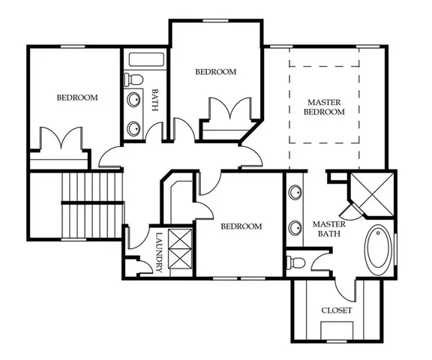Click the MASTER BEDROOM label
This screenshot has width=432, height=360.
pyautogui.click(x=324, y=107)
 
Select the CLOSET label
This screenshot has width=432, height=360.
pyautogui.click(x=336, y=310)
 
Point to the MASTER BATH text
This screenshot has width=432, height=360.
pyautogui.click(x=328, y=229)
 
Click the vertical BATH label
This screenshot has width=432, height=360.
pyautogui.click(x=155, y=101)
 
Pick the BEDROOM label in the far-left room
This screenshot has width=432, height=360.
pyautogui.click(x=77, y=97)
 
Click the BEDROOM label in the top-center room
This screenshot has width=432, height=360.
pyautogui.click(x=215, y=72)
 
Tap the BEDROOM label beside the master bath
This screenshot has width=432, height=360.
pyautogui.click(x=241, y=226)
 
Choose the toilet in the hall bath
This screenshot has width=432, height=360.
pyautogui.click(x=133, y=78)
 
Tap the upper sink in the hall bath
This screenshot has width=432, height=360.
pyautogui.click(x=135, y=100)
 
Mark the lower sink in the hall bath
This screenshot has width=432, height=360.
pyautogui.click(x=135, y=127)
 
